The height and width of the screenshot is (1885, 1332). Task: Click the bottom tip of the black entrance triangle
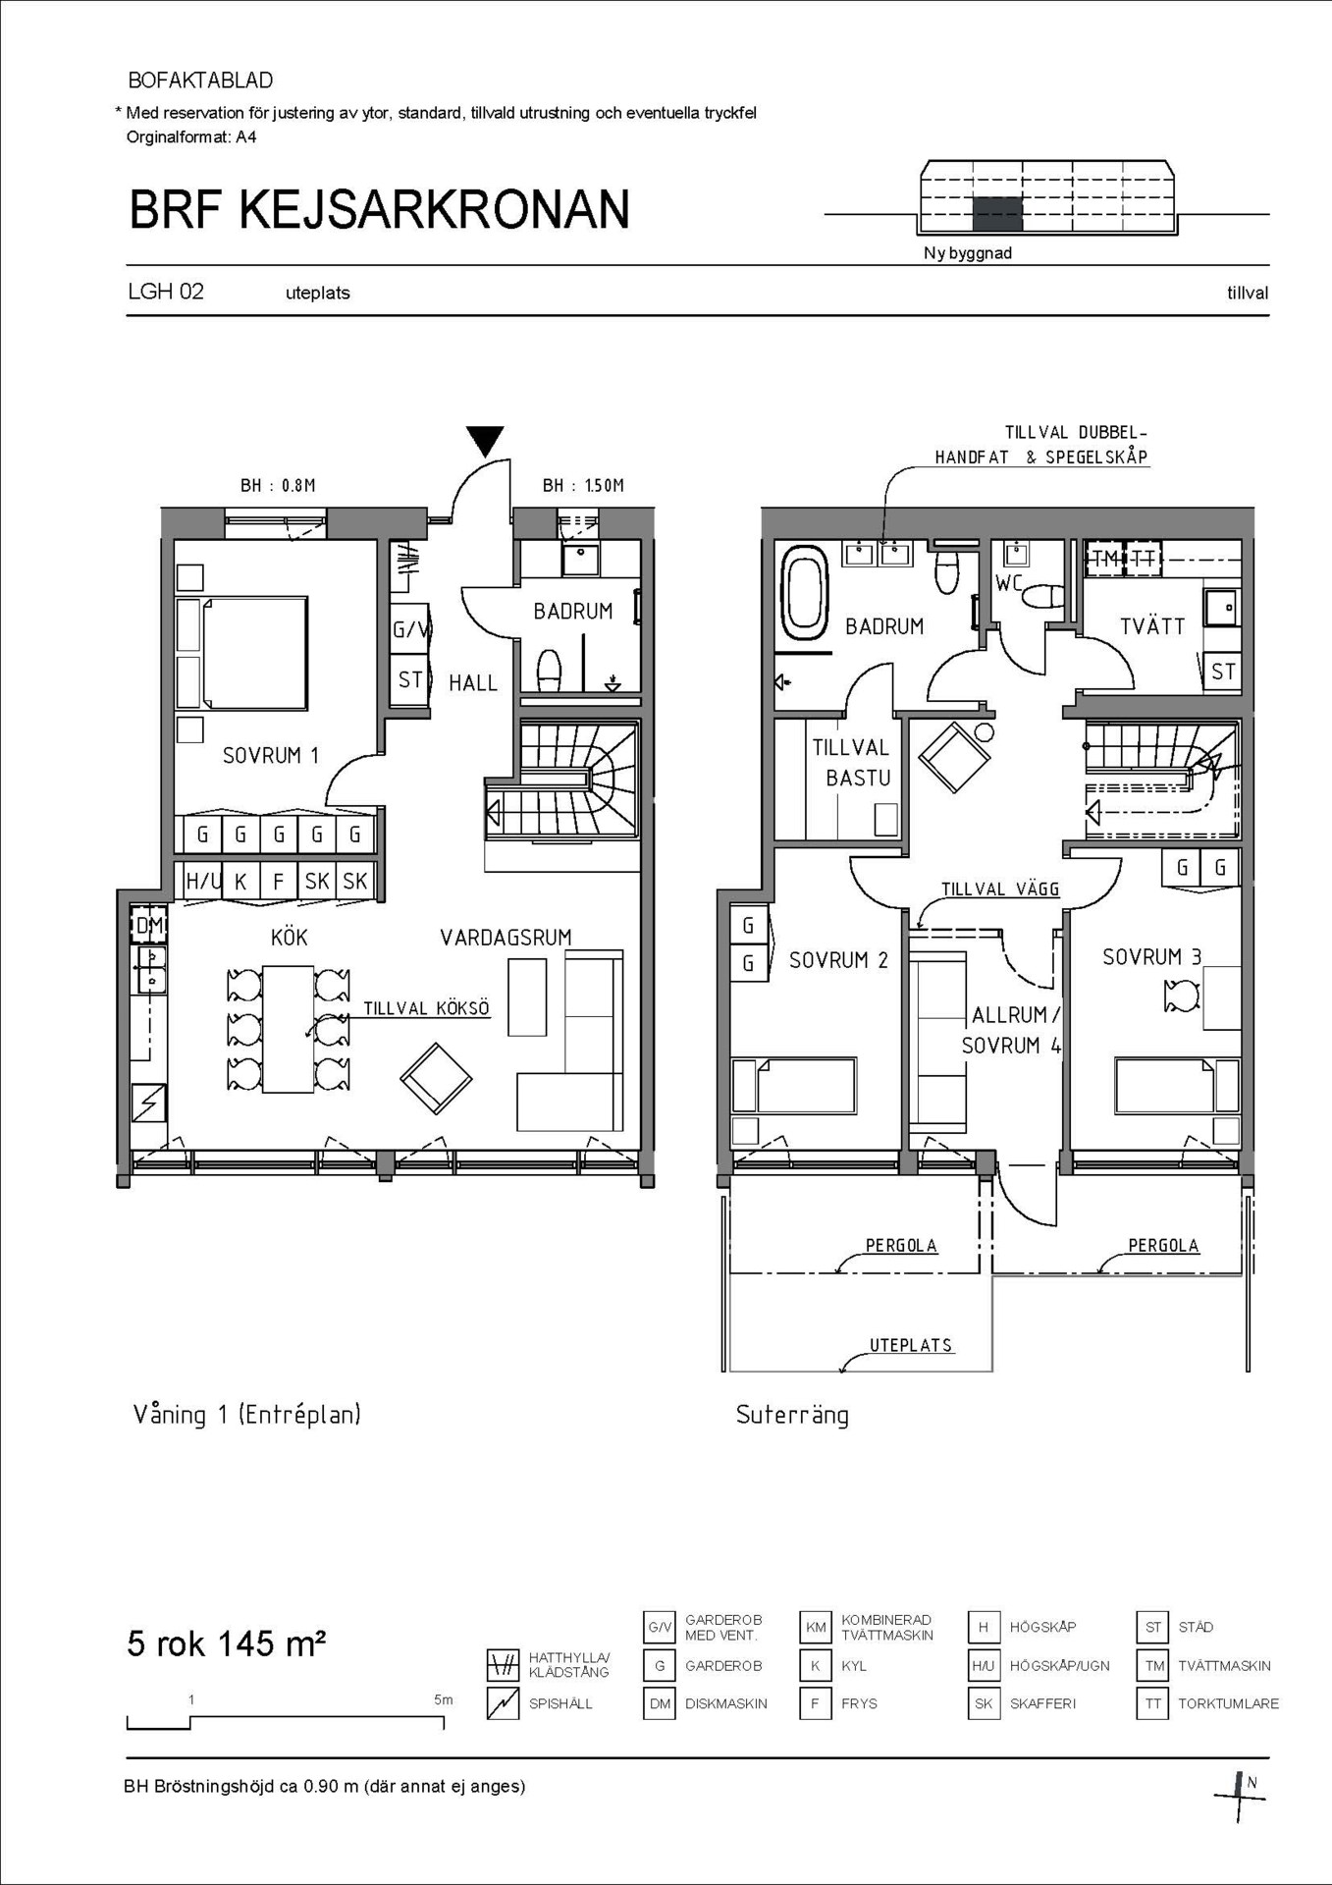click(485, 457)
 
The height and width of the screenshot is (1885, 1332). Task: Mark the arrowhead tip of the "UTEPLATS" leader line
click(840, 1370)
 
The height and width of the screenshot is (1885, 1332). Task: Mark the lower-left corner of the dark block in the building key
click(973, 231)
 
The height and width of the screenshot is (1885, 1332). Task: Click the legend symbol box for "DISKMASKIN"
click(660, 1703)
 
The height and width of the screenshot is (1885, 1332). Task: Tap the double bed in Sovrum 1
click(241, 652)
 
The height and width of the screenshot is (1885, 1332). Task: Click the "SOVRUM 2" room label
click(838, 959)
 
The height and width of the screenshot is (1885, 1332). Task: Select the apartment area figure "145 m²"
click(271, 1643)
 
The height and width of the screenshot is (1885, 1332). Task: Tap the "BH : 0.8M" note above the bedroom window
click(278, 485)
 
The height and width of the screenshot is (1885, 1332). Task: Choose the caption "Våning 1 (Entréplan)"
click(246, 1415)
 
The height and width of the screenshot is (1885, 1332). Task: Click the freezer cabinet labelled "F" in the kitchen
click(278, 881)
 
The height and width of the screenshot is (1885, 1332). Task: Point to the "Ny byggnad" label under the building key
click(967, 253)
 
